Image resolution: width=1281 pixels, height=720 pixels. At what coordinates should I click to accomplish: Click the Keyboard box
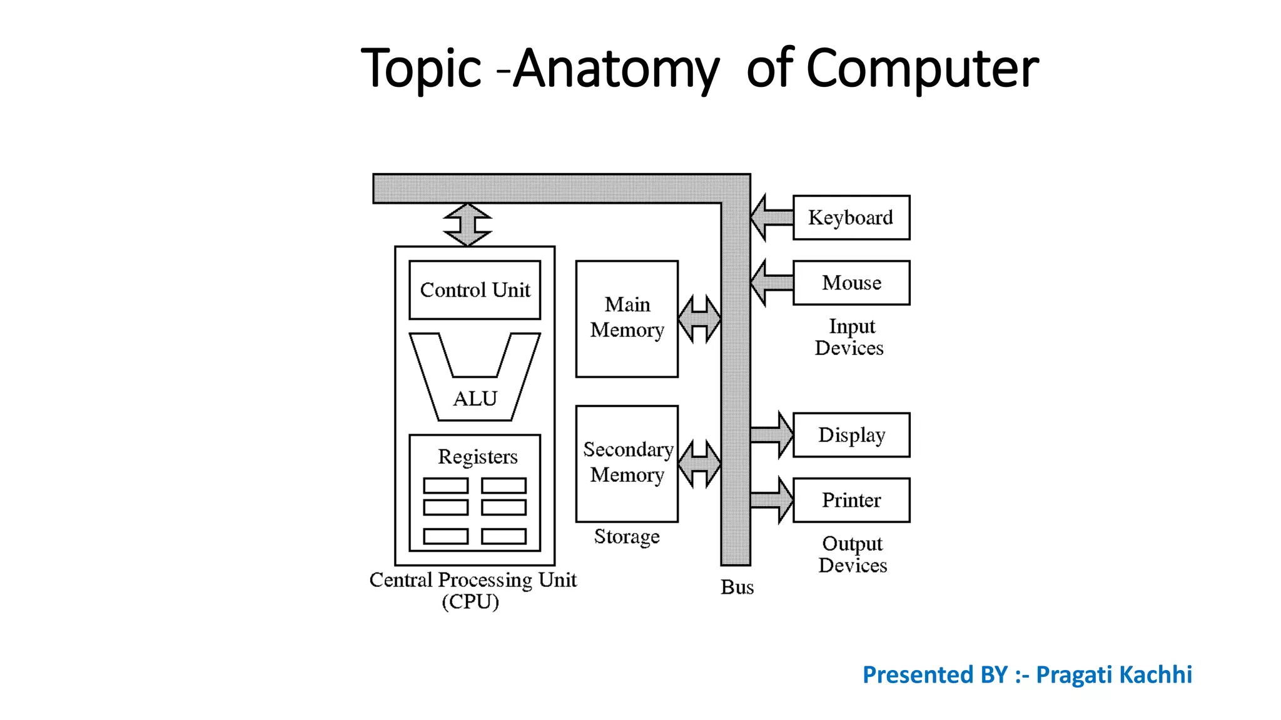pos(851,217)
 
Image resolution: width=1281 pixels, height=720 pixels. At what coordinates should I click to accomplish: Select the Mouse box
pos(851,283)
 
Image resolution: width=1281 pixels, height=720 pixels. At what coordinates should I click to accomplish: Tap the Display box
pos(851,435)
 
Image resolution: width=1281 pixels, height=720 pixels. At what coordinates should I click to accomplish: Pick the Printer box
pos(851,500)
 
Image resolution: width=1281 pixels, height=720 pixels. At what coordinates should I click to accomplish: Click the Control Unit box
pos(475,290)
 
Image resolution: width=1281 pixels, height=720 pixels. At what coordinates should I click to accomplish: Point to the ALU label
pos(475,399)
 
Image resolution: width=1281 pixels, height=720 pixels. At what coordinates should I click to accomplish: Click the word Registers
pos(477,457)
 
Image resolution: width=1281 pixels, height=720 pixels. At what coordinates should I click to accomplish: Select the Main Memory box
pos(627,319)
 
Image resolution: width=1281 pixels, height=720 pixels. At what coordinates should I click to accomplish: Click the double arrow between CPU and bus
pos(467,224)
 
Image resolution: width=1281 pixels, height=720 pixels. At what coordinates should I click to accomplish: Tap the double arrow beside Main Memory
pos(699,319)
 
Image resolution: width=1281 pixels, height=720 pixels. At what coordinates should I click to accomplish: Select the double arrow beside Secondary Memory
pos(699,464)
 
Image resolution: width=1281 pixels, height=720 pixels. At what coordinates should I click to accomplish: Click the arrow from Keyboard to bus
pos(771,217)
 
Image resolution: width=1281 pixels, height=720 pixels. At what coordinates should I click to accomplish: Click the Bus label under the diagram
pos(737,587)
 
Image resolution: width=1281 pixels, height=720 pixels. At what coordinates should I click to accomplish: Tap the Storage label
pos(627,537)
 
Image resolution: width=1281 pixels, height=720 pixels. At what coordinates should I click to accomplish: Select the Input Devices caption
pos(849,337)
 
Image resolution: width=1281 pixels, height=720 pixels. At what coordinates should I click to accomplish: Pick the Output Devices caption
pos(852,554)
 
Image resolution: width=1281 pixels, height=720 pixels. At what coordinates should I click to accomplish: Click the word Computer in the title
pos(922,69)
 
